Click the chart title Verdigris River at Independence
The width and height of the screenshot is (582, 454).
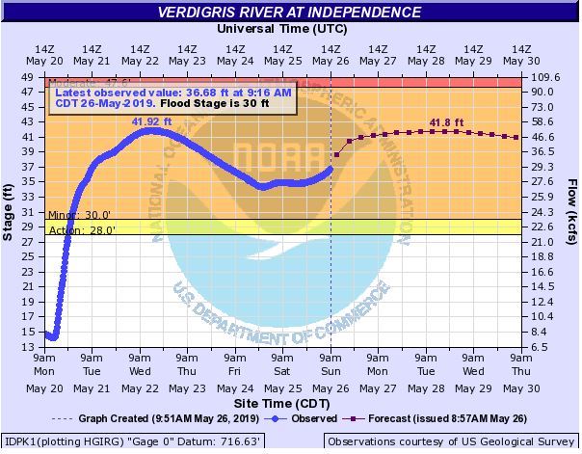(290, 13)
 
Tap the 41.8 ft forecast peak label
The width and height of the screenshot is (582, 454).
(445, 121)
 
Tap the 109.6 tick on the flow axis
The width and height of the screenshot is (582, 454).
(546, 77)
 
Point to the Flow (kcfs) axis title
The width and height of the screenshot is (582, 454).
(570, 210)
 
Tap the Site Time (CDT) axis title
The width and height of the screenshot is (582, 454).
(283, 401)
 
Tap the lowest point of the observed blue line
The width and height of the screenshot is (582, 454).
(53, 337)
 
